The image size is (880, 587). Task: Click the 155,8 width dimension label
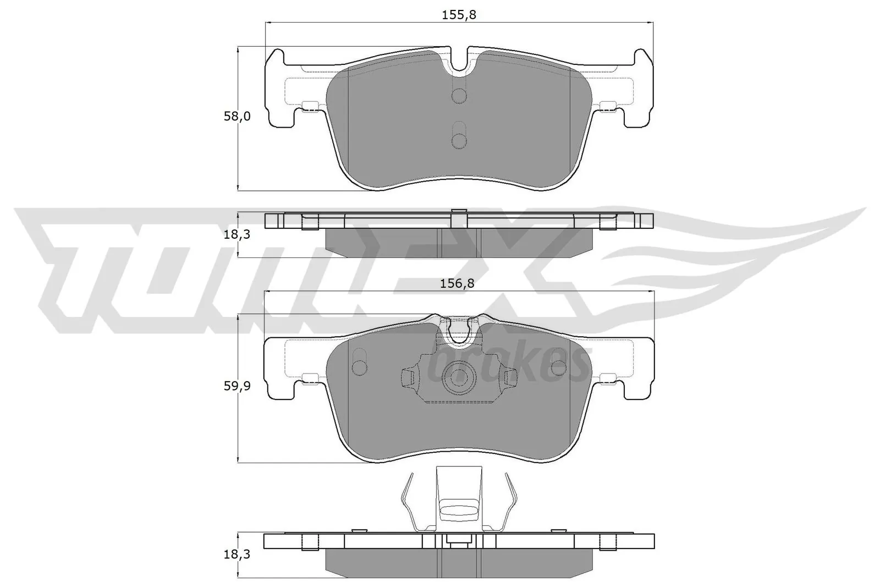point(459,15)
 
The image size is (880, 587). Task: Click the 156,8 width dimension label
point(458,284)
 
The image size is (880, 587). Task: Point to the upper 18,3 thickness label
point(237,234)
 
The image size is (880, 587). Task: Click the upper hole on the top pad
point(458,96)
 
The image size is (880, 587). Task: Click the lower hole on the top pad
point(458,140)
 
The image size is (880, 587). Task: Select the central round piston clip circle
point(459,378)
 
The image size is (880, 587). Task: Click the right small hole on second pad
point(558,367)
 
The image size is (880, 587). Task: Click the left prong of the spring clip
point(406,502)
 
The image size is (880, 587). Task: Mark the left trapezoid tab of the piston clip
point(408,377)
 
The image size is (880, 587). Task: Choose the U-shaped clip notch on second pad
point(458,332)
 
